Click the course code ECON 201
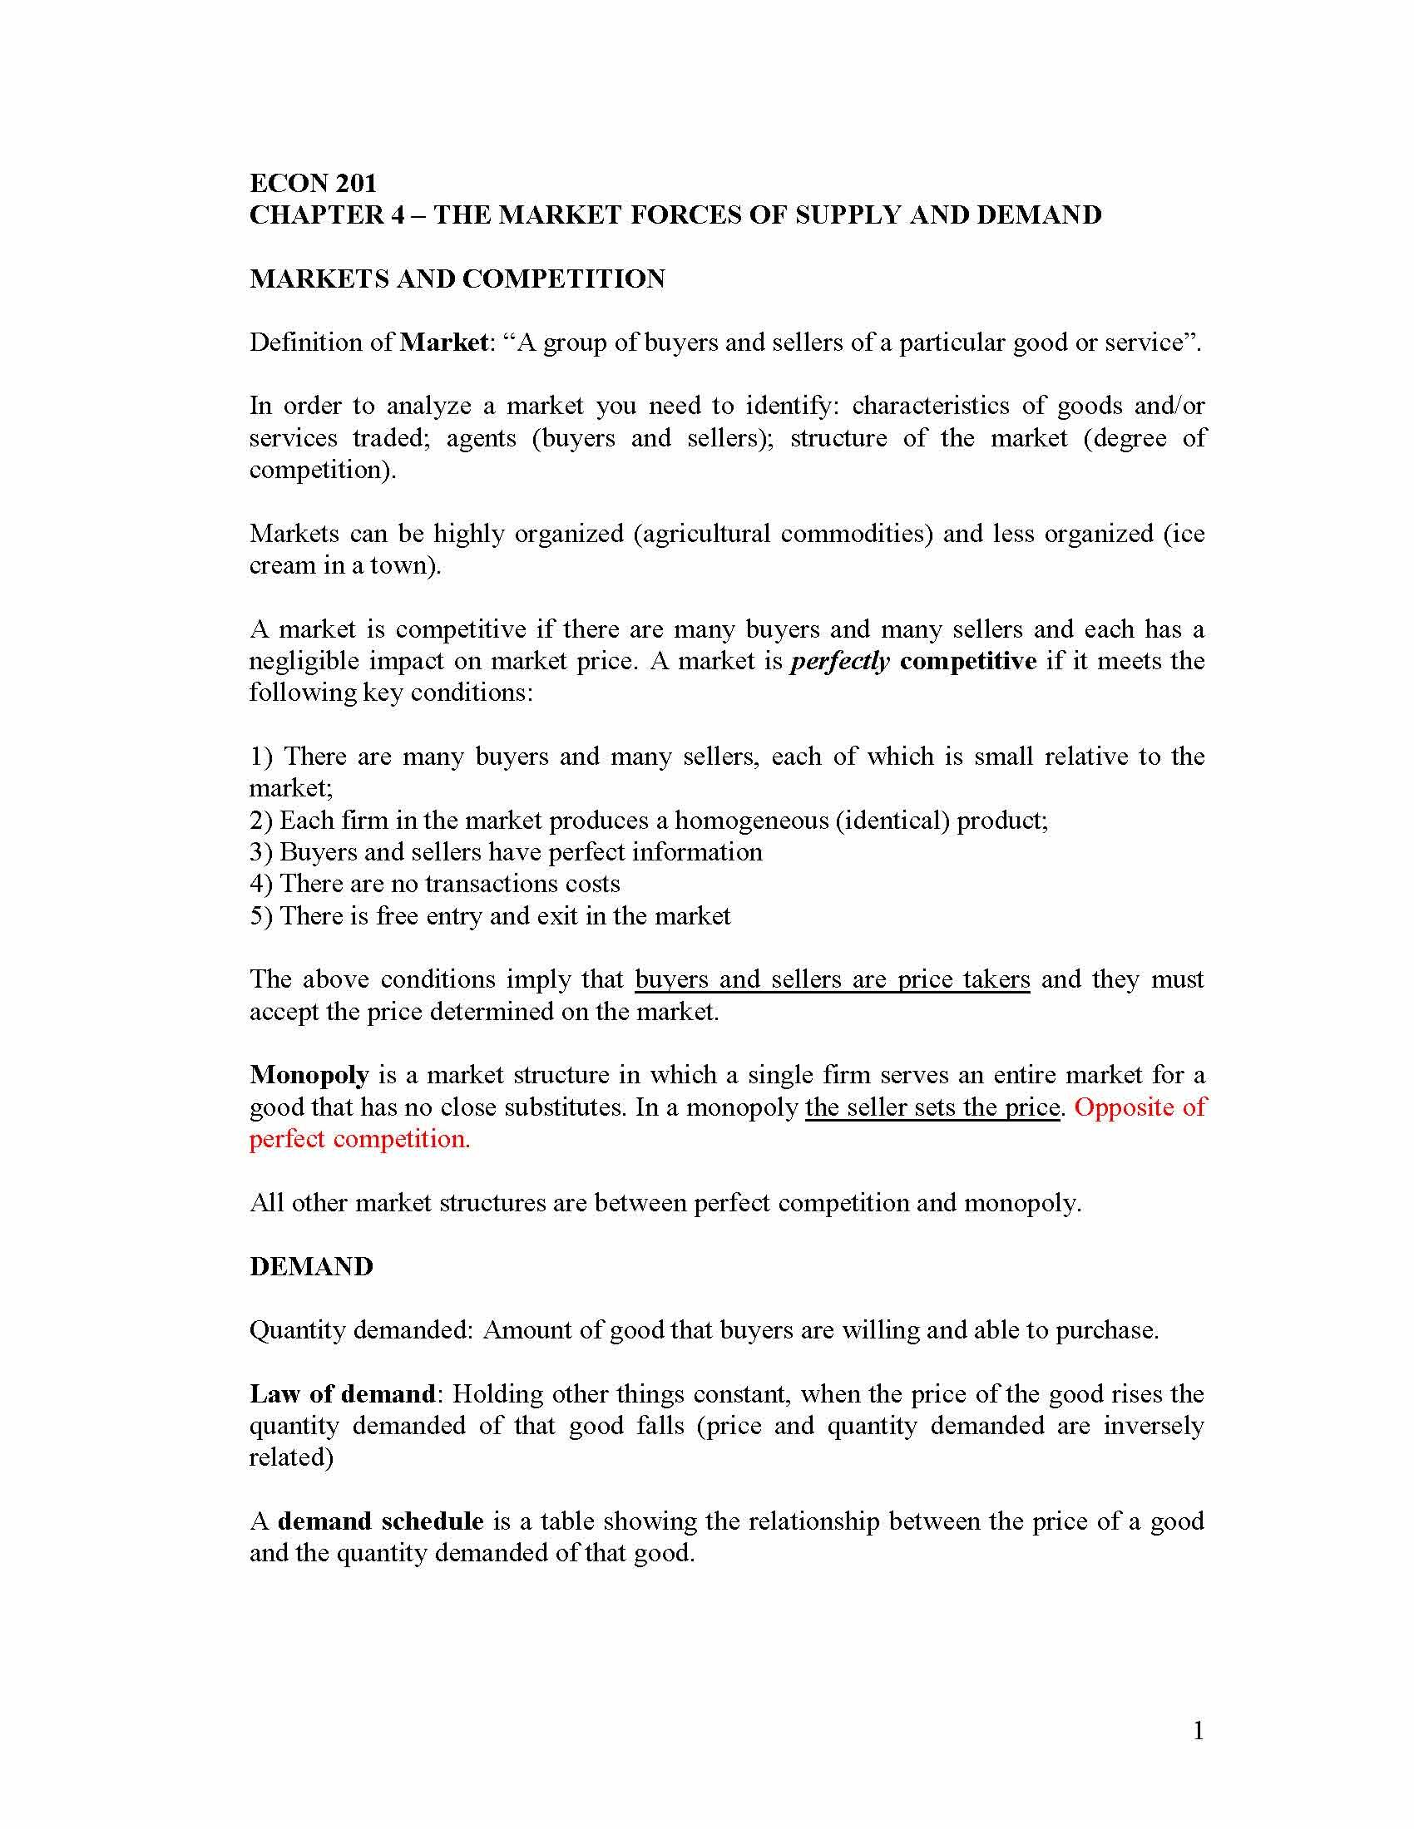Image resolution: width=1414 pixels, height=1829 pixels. [x=314, y=183]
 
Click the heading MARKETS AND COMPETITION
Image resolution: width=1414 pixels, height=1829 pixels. [x=457, y=279]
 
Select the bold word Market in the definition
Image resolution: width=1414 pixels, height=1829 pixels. [x=444, y=343]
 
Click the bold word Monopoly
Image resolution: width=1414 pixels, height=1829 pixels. [x=309, y=1075]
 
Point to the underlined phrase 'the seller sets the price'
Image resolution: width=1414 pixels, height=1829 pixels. [x=933, y=1107]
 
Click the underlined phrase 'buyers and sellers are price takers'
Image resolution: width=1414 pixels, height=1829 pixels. [x=832, y=980]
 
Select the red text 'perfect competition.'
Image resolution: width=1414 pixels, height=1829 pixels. [x=360, y=1139]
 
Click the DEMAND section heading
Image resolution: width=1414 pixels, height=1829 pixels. [x=311, y=1266]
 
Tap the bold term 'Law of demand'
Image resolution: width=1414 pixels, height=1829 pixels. [x=343, y=1394]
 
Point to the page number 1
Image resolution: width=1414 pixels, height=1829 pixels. [x=1198, y=1732]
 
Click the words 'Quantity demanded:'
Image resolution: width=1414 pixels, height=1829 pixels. [x=362, y=1331]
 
